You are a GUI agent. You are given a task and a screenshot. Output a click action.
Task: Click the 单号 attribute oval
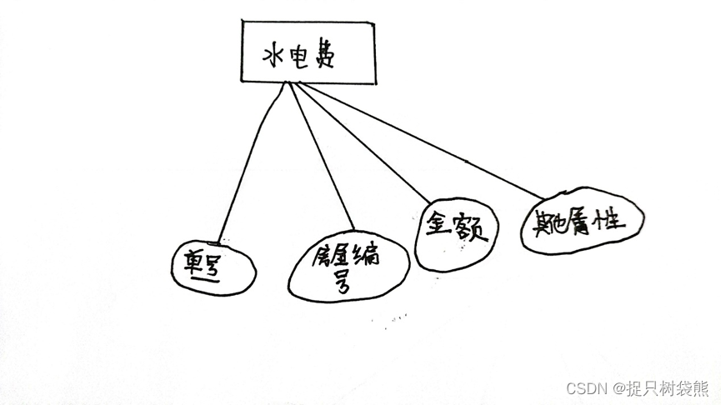209,266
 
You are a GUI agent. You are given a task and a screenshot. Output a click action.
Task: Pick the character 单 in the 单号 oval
200,265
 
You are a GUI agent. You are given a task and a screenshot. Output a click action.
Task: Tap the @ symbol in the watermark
620,389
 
